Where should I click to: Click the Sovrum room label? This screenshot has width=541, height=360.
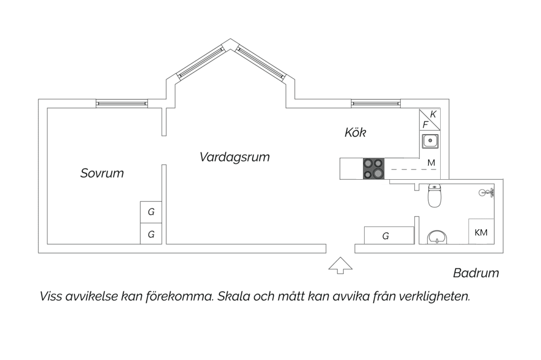point(102,173)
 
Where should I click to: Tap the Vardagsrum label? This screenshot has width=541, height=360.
point(234,157)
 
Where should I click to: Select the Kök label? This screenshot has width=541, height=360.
point(356,133)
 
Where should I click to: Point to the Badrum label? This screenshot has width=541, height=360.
point(476,273)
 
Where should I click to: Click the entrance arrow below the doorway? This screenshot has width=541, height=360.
point(340,266)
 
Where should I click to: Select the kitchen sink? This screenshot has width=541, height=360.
point(430,140)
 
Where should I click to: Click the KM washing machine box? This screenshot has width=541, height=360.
point(481,232)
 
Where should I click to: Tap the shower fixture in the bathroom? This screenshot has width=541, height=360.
point(486,193)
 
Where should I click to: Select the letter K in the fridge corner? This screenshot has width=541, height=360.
point(433,114)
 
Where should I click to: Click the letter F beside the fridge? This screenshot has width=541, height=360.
point(426,124)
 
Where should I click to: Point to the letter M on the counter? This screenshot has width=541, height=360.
point(431,163)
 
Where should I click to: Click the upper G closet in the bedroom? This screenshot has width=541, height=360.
point(151,212)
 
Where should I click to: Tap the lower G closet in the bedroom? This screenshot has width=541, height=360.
point(151,234)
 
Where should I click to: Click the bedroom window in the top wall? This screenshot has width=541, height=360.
point(121,104)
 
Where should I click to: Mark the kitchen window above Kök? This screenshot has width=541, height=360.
point(376,104)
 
